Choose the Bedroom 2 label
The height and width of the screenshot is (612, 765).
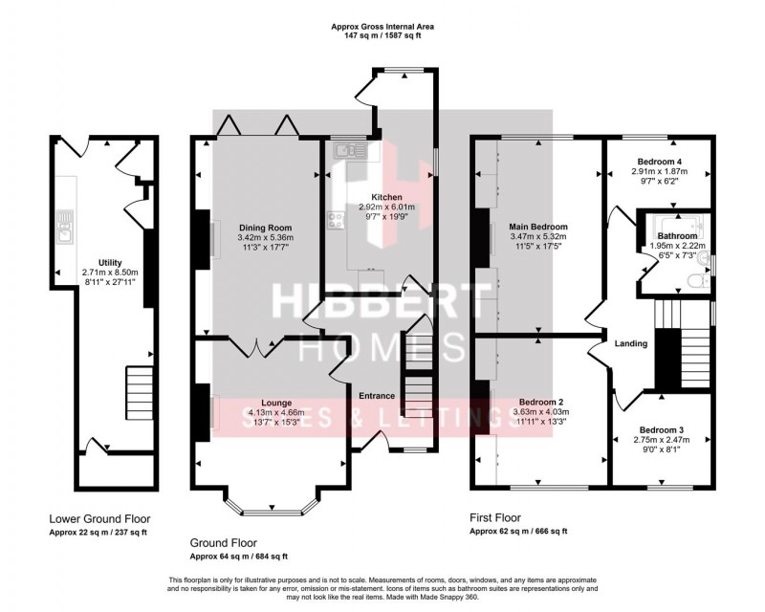click(x=541, y=402)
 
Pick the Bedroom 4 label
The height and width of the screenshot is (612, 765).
click(x=660, y=161)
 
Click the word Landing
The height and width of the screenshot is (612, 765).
click(x=632, y=343)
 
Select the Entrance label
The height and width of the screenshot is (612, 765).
click(x=377, y=395)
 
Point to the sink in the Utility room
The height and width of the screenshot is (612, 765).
click(x=64, y=226)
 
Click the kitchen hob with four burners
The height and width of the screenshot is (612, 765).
click(x=337, y=221)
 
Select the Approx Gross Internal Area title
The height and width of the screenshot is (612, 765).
click(x=382, y=27)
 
